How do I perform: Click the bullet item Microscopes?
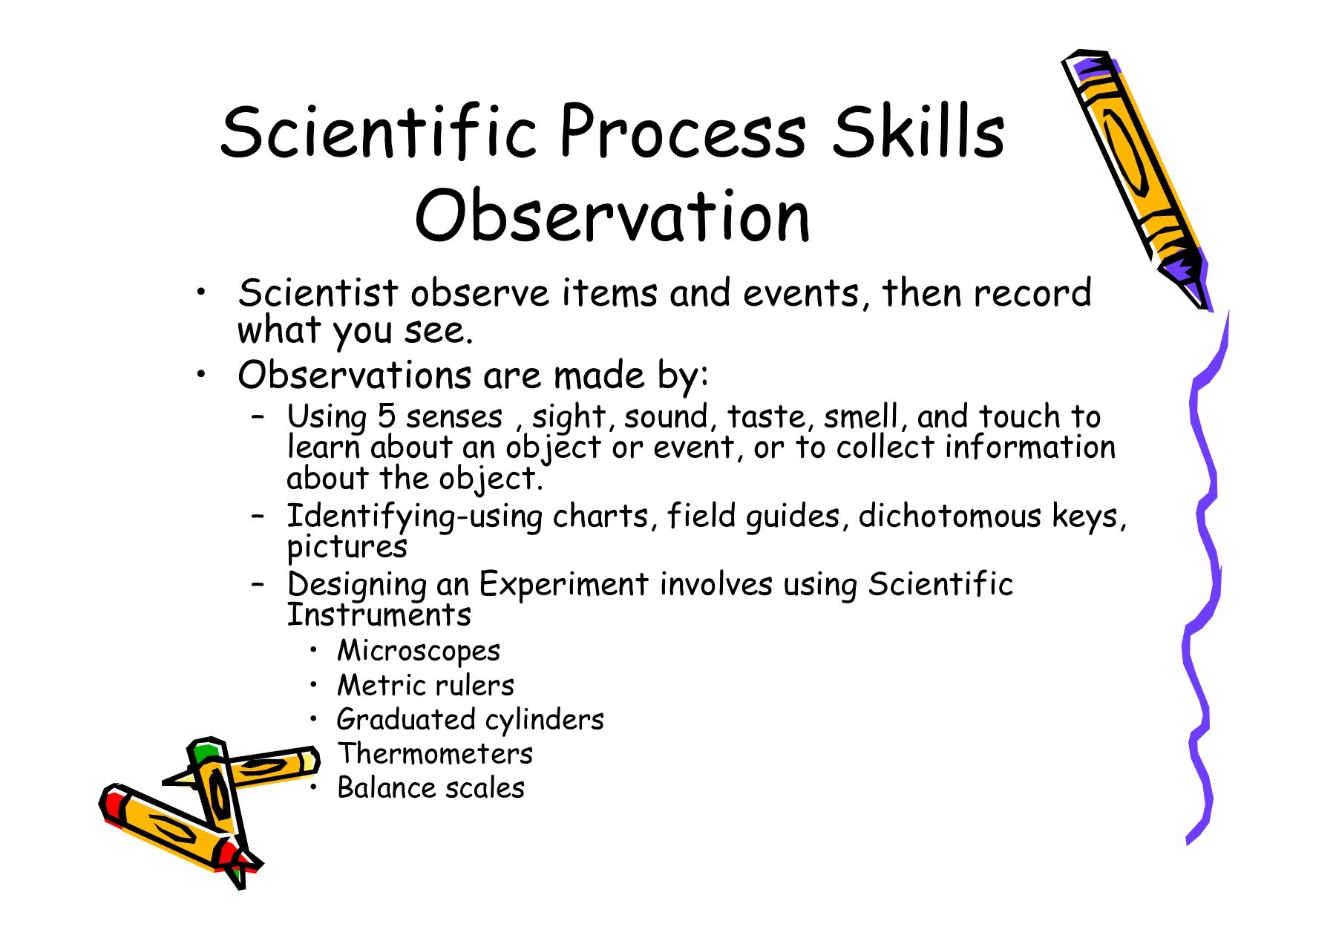pyautogui.click(x=419, y=651)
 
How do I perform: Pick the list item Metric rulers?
pyautogui.click(x=425, y=685)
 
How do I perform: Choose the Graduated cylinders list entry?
pyautogui.click(x=471, y=720)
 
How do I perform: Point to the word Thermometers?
pyautogui.click(x=435, y=753)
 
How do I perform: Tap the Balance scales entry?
pyautogui.click(x=430, y=787)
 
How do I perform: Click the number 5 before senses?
pyautogui.click(x=386, y=416)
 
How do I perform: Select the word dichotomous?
pyautogui.click(x=950, y=516)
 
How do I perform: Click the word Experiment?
pyautogui.click(x=563, y=584)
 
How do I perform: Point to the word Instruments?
pyautogui.click(x=379, y=615)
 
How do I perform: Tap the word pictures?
pyautogui.click(x=347, y=548)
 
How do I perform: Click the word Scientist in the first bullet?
pyautogui.click(x=318, y=292)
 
